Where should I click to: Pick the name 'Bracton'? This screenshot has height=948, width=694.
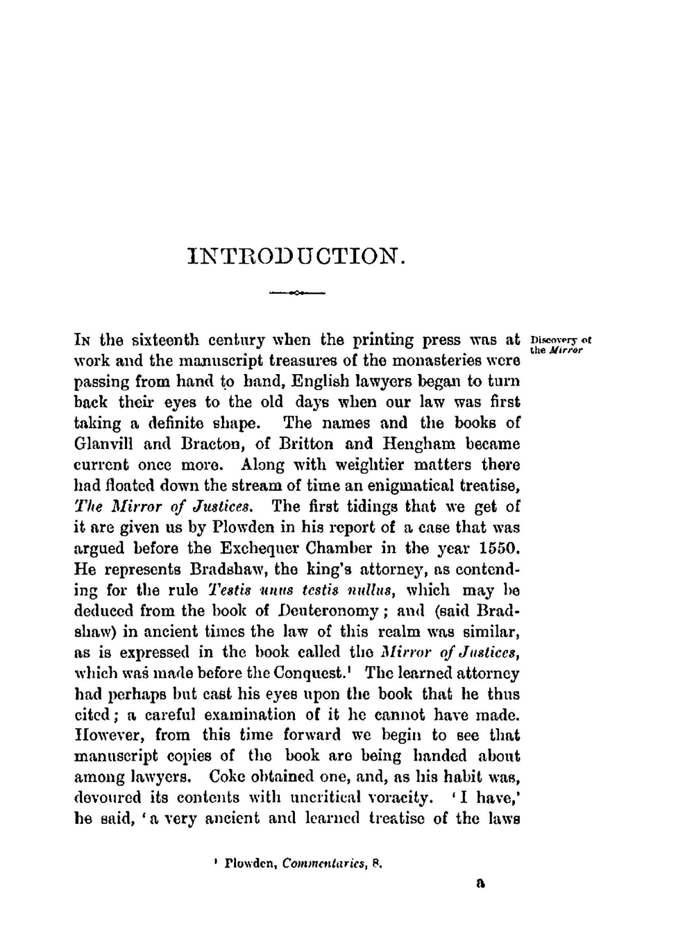[x=184, y=444]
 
